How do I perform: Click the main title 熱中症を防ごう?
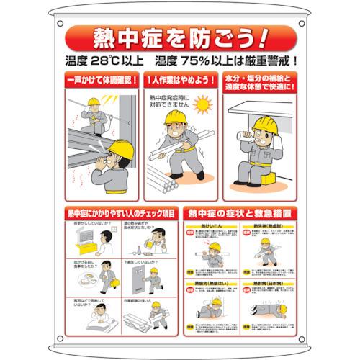(x=179, y=36)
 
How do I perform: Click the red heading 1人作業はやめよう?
(x=179, y=78)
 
